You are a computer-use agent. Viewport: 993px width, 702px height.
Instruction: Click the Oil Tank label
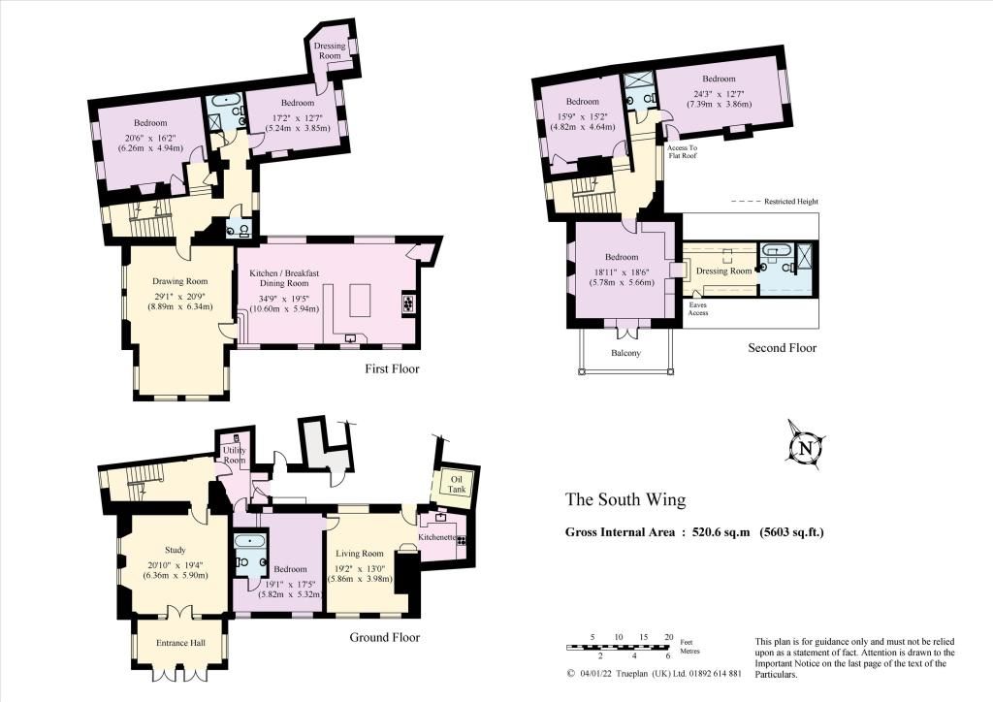coord(457,484)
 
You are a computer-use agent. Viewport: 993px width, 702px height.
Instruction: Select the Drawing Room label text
coord(179,281)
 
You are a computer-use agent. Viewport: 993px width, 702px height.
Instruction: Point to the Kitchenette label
coord(438,537)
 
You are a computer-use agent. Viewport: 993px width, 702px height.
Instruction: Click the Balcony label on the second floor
coord(625,353)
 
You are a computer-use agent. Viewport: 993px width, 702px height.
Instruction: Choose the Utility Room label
coord(235,455)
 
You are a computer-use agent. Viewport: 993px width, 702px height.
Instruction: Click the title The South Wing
coord(625,499)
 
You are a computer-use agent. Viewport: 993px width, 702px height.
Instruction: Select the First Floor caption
coord(392,368)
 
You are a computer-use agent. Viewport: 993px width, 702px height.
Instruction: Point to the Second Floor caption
coord(783,347)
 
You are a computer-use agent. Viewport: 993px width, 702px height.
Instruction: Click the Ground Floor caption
coord(384,637)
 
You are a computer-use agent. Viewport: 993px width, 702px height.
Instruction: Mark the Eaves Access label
coord(698,308)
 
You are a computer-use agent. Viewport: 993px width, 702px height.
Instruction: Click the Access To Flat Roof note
coord(682,151)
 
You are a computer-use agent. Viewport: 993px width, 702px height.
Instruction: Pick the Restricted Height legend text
coord(791,202)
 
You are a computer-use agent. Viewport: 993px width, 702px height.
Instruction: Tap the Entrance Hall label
coord(180,643)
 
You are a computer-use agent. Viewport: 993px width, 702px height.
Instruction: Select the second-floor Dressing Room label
coord(723,271)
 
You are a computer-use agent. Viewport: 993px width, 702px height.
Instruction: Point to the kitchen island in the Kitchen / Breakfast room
coord(359,301)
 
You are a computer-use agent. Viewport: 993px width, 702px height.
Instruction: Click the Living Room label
coord(360,554)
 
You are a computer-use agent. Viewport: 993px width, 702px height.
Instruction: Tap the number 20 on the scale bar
coord(668,637)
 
